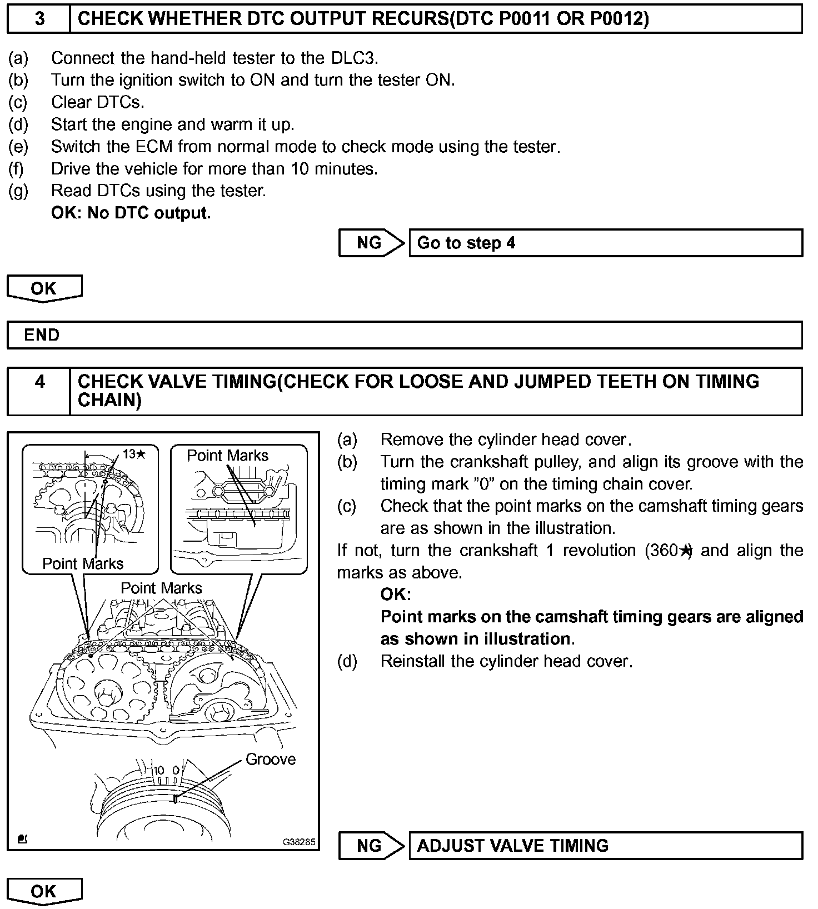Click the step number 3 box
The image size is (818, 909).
point(39,19)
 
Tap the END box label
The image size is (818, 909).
point(42,335)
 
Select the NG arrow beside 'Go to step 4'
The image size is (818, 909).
point(371,243)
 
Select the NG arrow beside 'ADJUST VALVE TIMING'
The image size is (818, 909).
point(371,845)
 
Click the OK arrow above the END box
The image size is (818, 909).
point(44,288)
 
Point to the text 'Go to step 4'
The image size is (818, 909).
point(466,243)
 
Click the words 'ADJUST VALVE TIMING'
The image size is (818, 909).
point(512,845)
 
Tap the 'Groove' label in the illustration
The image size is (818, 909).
point(271,759)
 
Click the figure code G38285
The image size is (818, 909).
point(299,842)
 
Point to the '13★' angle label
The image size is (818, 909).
point(134,454)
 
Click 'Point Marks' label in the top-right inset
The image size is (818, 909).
point(227,456)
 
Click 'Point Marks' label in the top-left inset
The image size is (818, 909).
point(83,563)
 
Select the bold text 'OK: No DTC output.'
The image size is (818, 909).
point(131,213)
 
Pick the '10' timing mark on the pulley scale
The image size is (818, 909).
point(159,770)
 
